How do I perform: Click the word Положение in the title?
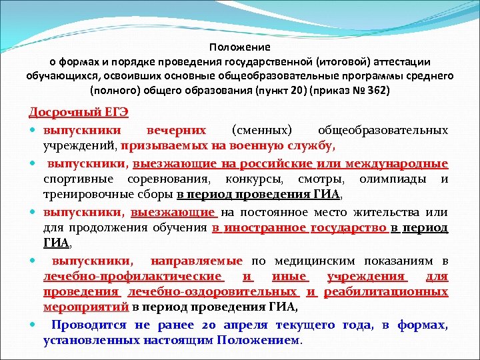pyautogui.click(x=239, y=47)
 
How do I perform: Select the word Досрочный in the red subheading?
pyautogui.click(x=60, y=111)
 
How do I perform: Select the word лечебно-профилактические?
pyautogui.click(x=133, y=276)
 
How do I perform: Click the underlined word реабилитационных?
pyautogui.click(x=386, y=292)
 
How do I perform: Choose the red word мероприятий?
pyautogui.click(x=85, y=308)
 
